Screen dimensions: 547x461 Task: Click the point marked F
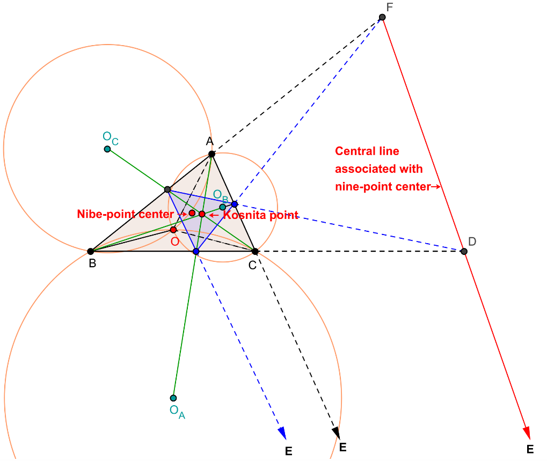pyautogui.click(x=382, y=17)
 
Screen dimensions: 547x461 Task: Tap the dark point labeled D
pyautogui.click(x=464, y=251)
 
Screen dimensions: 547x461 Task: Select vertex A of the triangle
pyautogui.click(x=211, y=154)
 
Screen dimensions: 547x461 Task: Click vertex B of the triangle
pyautogui.click(x=91, y=251)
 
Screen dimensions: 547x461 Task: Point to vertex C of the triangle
pyautogui.click(x=255, y=251)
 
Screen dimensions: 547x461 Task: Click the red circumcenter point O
pyautogui.click(x=173, y=230)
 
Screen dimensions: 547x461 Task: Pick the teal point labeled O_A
pyautogui.click(x=173, y=398)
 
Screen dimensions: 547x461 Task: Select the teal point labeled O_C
pyautogui.click(x=107, y=149)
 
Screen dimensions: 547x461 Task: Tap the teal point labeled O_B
pyautogui.click(x=223, y=207)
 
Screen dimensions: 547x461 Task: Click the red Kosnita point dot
pyautogui.click(x=202, y=214)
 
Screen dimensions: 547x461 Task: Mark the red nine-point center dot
pyautogui.click(x=192, y=213)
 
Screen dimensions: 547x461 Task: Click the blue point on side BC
pyautogui.click(x=196, y=251)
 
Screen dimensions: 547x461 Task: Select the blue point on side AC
pyautogui.click(x=235, y=204)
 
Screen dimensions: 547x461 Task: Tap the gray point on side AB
pyautogui.click(x=167, y=189)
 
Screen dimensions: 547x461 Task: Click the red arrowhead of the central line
pyautogui.click(x=528, y=433)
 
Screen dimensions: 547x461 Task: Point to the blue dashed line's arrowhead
pyautogui.click(x=282, y=433)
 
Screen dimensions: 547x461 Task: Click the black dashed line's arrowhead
pyautogui.click(x=336, y=433)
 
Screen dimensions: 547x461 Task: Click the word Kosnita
pyautogui.click(x=245, y=215)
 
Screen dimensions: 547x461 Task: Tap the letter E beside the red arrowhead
pyautogui.click(x=530, y=449)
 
